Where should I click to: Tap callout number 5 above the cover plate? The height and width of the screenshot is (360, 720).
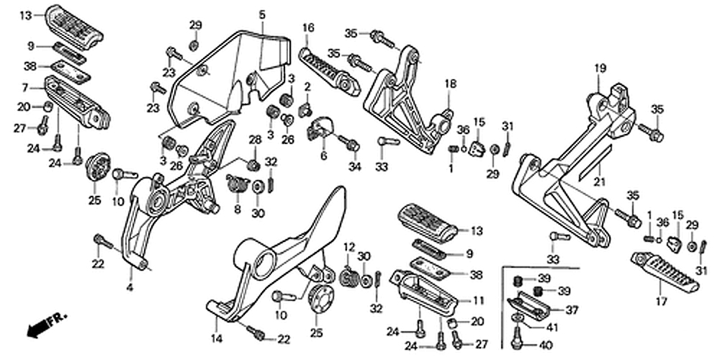pyautogui.click(x=262, y=14)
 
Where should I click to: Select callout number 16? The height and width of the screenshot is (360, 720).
pyautogui.click(x=308, y=28)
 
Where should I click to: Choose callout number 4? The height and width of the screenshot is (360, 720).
pyautogui.click(x=130, y=288)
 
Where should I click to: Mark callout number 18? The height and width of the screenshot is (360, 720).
pyautogui.click(x=450, y=84)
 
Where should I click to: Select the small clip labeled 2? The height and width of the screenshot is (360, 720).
pyautogui.click(x=305, y=109)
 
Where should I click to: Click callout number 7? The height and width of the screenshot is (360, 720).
pyautogui.click(x=24, y=88)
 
